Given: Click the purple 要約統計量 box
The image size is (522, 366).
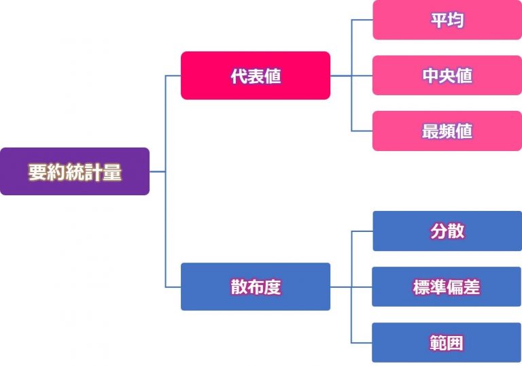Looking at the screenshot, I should pyautogui.click(x=75, y=171).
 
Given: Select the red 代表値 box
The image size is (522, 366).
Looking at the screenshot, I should pyautogui.click(x=256, y=76).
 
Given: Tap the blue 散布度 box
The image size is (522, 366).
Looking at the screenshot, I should pyautogui.click(x=256, y=286).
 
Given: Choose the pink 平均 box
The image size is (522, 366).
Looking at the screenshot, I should pyautogui.click(x=447, y=20).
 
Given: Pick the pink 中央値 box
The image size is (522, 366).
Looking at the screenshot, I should pyautogui.click(x=447, y=76).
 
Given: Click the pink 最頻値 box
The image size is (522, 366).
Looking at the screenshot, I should pyautogui.click(x=447, y=131).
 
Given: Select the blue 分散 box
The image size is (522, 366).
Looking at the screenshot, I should pyautogui.click(x=447, y=231).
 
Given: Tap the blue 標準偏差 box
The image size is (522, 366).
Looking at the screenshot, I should pyautogui.click(x=447, y=286).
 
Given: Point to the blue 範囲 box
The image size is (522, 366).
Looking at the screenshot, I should pyautogui.click(x=447, y=342).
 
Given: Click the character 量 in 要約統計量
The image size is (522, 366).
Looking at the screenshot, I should pyautogui.click(x=113, y=172).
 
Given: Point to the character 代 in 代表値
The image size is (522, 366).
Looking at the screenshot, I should pyautogui.click(x=239, y=76).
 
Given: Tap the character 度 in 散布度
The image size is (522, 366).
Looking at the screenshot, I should pyautogui.click(x=273, y=287).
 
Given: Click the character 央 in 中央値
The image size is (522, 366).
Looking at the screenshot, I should pyautogui.click(x=447, y=76).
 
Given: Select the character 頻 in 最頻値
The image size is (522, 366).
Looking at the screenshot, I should pyautogui.click(x=447, y=131).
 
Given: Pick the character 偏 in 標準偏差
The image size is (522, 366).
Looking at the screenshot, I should pyautogui.click(x=455, y=287).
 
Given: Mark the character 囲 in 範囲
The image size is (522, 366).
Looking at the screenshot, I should pyautogui.click(x=455, y=343).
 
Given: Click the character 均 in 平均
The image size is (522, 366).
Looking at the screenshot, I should pyautogui.click(x=455, y=20).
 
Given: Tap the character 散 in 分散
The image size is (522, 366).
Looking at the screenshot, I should pyautogui.click(x=455, y=231).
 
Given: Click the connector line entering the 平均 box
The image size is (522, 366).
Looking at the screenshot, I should pyautogui.click(x=362, y=20).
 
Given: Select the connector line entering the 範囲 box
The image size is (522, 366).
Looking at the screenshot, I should pyautogui.click(x=362, y=342).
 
